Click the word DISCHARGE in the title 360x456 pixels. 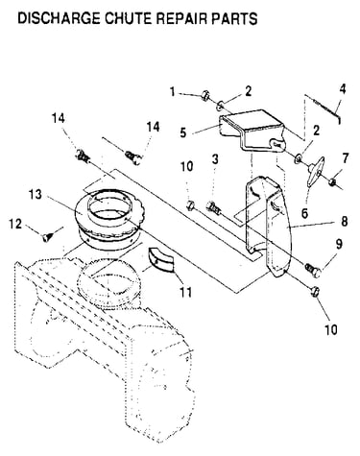click(x=59, y=18)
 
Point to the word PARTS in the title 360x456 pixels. click(x=234, y=18)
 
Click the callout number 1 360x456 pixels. click(x=173, y=92)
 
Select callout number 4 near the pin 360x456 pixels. click(x=343, y=89)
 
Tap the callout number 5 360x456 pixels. click(x=183, y=132)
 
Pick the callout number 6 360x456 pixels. click(x=304, y=212)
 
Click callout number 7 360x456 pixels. click(x=345, y=159)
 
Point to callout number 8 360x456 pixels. click(x=345, y=222)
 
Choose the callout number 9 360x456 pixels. click(x=339, y=245)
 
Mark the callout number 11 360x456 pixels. click(x=185, y=292)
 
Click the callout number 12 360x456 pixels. click(x=15, y=224)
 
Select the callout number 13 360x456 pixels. click(x=36, y=194)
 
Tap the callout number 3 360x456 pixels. click(x=215, y=159)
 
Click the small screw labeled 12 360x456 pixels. click(x=47, y=237)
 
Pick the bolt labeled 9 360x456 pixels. click(x=314, y=270)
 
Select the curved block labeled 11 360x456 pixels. click(x=160, y=259)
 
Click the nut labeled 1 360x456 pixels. click(x=205, y=95)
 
